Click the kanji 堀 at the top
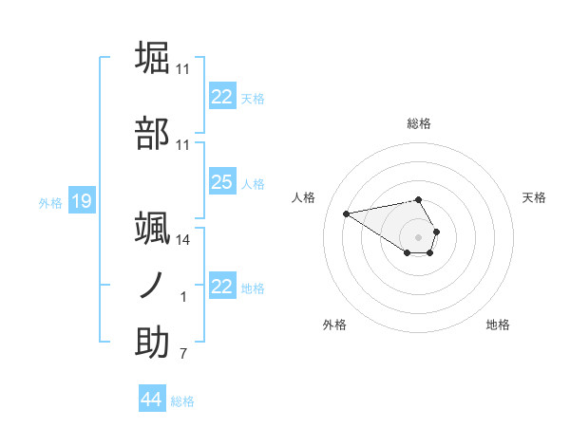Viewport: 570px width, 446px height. coord(153,58)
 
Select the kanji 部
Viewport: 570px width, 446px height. coord(153,134)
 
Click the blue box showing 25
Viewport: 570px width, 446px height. coord(222,182)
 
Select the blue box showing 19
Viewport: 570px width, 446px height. coord(81,201)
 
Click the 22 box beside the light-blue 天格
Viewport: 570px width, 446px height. coord(222,97)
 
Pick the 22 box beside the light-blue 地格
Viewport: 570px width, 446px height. coord(222,287)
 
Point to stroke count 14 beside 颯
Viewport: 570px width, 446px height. coord(182,241)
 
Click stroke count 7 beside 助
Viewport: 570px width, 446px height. coord(182,355)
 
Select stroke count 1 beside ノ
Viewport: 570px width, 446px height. coord(182,298)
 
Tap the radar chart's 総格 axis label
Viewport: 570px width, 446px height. coord(419,123)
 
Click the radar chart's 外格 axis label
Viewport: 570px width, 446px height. coord(334,325)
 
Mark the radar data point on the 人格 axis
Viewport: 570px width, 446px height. coord(346,213)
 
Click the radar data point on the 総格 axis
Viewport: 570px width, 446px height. coord(419,199)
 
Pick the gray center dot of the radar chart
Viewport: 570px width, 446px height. coord(419,236)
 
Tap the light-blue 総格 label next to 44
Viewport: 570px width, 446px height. coord(182,401)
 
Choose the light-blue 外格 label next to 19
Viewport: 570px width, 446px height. coord(49,202)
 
